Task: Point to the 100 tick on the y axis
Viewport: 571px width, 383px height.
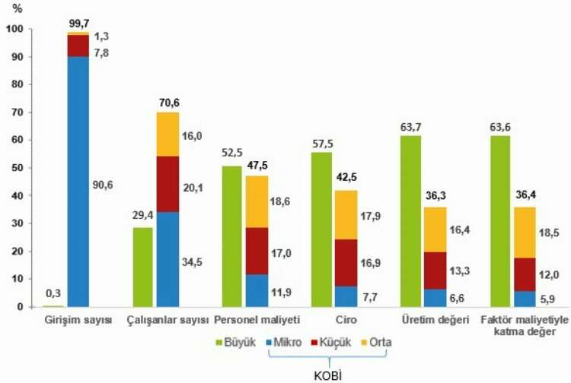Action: click(x=13, y=29)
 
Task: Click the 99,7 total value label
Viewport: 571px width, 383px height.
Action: click(x=78, y=26)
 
